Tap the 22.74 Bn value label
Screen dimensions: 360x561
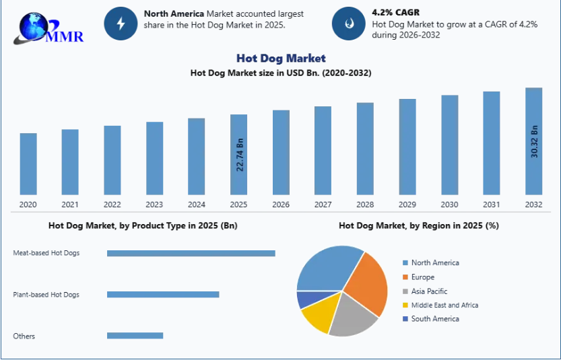pyautogui.click(x=240, y=155)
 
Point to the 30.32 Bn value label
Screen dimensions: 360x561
pyautogui.click(x=534, y=141)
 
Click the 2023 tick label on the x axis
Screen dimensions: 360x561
pyautogui.click(x=154, y=205)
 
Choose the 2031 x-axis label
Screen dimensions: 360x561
pyautogui.click(x=492, y=205)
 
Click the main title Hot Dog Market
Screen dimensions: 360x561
pyautogui.click(x=281, y=59)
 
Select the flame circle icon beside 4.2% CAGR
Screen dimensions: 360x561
pyautogui.click(x=349, y=24)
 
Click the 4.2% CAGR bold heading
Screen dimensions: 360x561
pyautogui.click(x=395, y=12)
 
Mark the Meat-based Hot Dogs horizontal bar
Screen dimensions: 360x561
pyautogui.click(x=191, y=253)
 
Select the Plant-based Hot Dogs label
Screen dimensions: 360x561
pyautogui.click(x=46, y=295)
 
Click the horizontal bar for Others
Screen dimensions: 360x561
pyautogui.click(x=135, y=335)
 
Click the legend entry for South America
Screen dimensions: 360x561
pyautogui.click(x=434, y=319)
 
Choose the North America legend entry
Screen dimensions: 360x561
pyautogui.click(x=434, y=262)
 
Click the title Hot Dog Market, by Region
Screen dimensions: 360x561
pyautogui.click(x=418, y=225)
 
